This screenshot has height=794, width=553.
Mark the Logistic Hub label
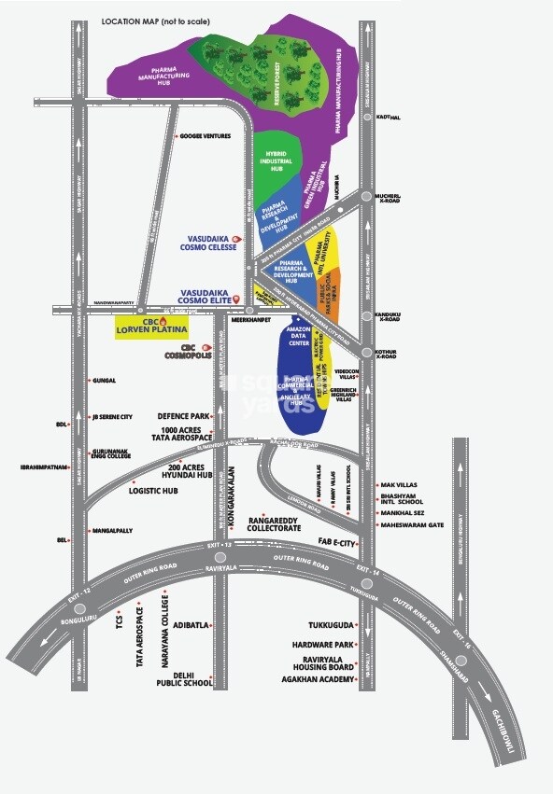[159, 490]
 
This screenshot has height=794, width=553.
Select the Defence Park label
[185, 416]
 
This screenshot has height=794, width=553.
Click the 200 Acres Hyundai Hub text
[177, 469]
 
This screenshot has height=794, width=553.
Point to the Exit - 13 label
[218, 544]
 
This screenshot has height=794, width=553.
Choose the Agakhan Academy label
[319, 680]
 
